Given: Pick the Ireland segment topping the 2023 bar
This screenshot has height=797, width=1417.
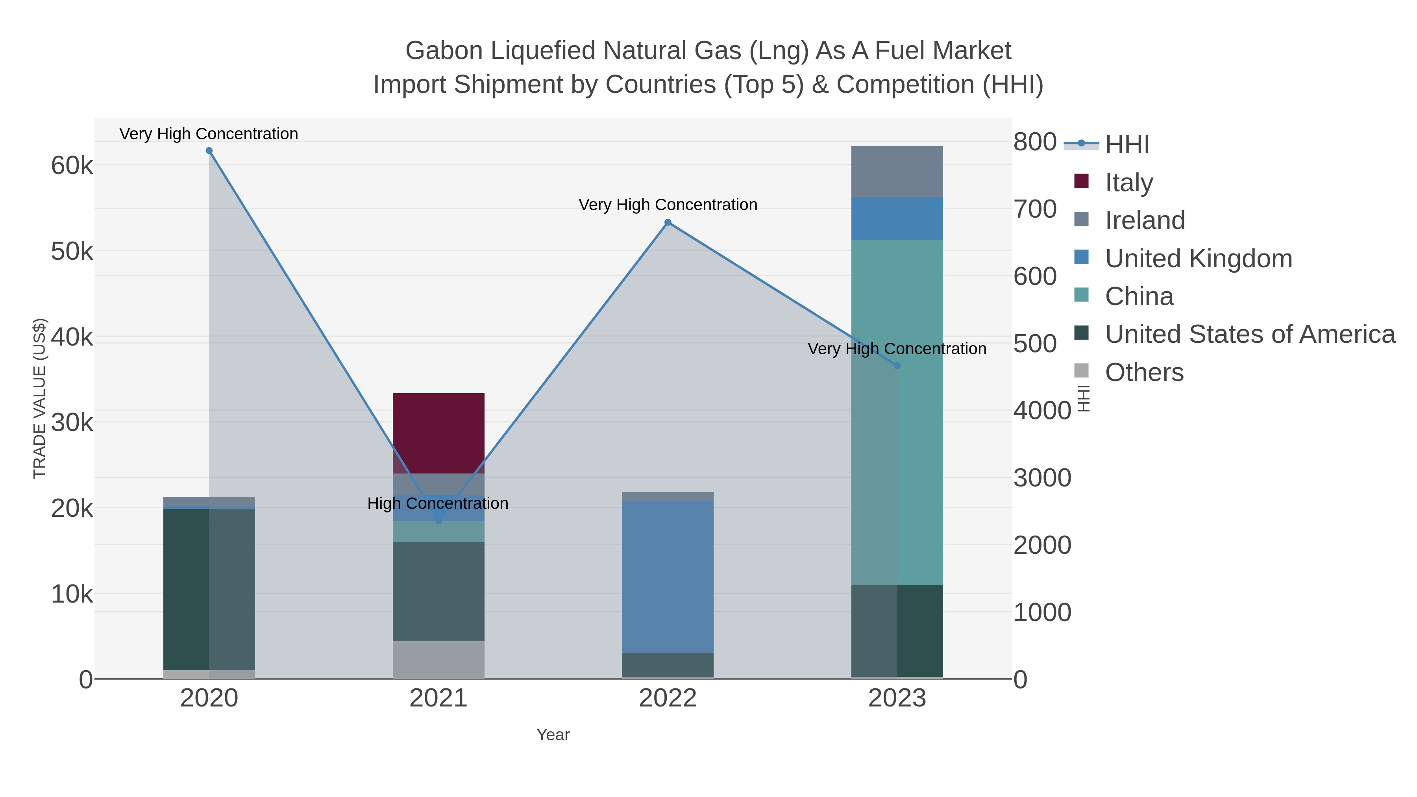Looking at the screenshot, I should [897, 171].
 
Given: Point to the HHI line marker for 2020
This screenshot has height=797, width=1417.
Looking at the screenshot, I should [209, 151].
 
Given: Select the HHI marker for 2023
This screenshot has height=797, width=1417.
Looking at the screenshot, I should [897, 365].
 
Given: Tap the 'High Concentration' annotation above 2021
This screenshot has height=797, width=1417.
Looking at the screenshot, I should [438, 503].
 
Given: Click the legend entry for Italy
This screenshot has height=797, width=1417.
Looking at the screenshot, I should [1129, 183].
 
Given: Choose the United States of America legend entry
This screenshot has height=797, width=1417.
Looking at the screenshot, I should [1250, 335].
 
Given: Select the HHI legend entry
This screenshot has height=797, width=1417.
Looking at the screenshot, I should [1127, 145].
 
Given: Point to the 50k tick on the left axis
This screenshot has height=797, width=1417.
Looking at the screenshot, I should [72, 251].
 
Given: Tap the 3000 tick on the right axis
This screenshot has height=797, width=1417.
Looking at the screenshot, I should [1042, 477].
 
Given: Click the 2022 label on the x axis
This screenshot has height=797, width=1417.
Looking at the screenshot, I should [667, 699].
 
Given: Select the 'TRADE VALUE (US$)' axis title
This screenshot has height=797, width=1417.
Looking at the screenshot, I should [40, 398].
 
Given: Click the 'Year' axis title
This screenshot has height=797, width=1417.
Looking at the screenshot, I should [553, 735].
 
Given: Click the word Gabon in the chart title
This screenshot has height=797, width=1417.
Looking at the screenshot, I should [443, 51].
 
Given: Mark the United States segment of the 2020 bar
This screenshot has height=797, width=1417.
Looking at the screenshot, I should [209, 588].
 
